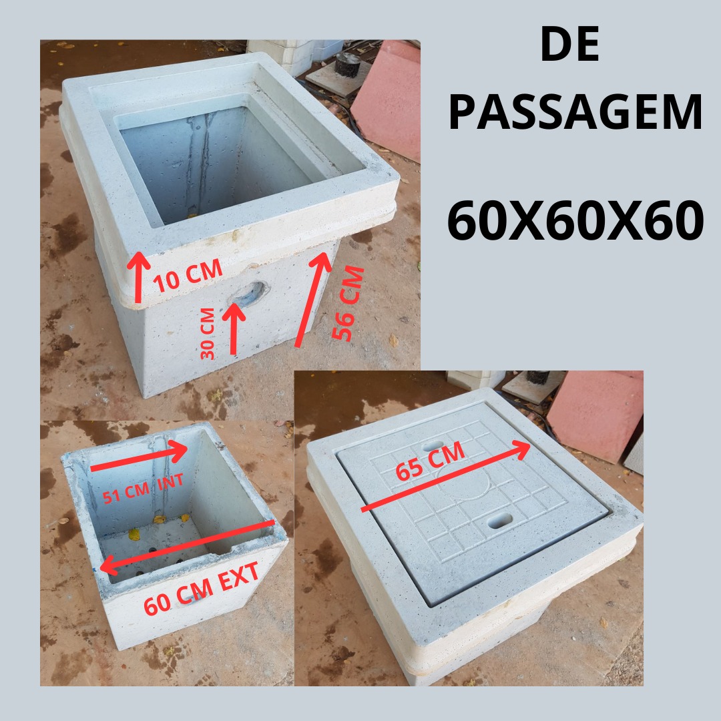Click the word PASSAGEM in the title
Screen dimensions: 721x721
(x=575, y=112)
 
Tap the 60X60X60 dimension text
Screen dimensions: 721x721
(x=575, y=220)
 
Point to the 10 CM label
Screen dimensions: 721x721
(x=188, y=276)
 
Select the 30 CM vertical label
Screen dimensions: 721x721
(x=208, y=333)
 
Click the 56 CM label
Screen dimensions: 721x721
(x=348, y=303)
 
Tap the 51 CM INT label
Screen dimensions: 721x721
(x=143, y=489)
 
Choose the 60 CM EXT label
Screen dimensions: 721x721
(x=201, y=589)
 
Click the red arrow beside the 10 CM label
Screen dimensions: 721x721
(x=138, y=277)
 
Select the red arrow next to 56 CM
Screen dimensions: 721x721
(x=313, y=299)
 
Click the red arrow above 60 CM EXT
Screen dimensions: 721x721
(x=187, y=547)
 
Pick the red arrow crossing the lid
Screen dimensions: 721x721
(x=445, y=475)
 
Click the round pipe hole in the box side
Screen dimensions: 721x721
(x=248, y=294)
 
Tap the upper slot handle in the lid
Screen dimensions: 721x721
(x=433, y=446)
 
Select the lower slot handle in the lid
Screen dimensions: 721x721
(x=500, y=520)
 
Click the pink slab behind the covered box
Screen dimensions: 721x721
(x=596, y=415)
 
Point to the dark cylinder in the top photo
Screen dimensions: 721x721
(x=348, y=64)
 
